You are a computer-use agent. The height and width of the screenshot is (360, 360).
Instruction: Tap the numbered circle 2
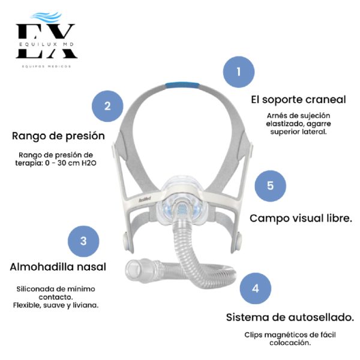click(107, 107)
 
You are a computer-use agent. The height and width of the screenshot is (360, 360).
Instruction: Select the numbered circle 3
click(83, 241)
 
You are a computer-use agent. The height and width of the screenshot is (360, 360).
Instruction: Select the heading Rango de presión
click(58, 136)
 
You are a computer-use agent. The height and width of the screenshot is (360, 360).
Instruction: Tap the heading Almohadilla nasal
click(58, 266)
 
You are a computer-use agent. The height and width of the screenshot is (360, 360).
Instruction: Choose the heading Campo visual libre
click(301, 218)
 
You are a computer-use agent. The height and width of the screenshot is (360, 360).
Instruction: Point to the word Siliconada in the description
click(35, 289)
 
